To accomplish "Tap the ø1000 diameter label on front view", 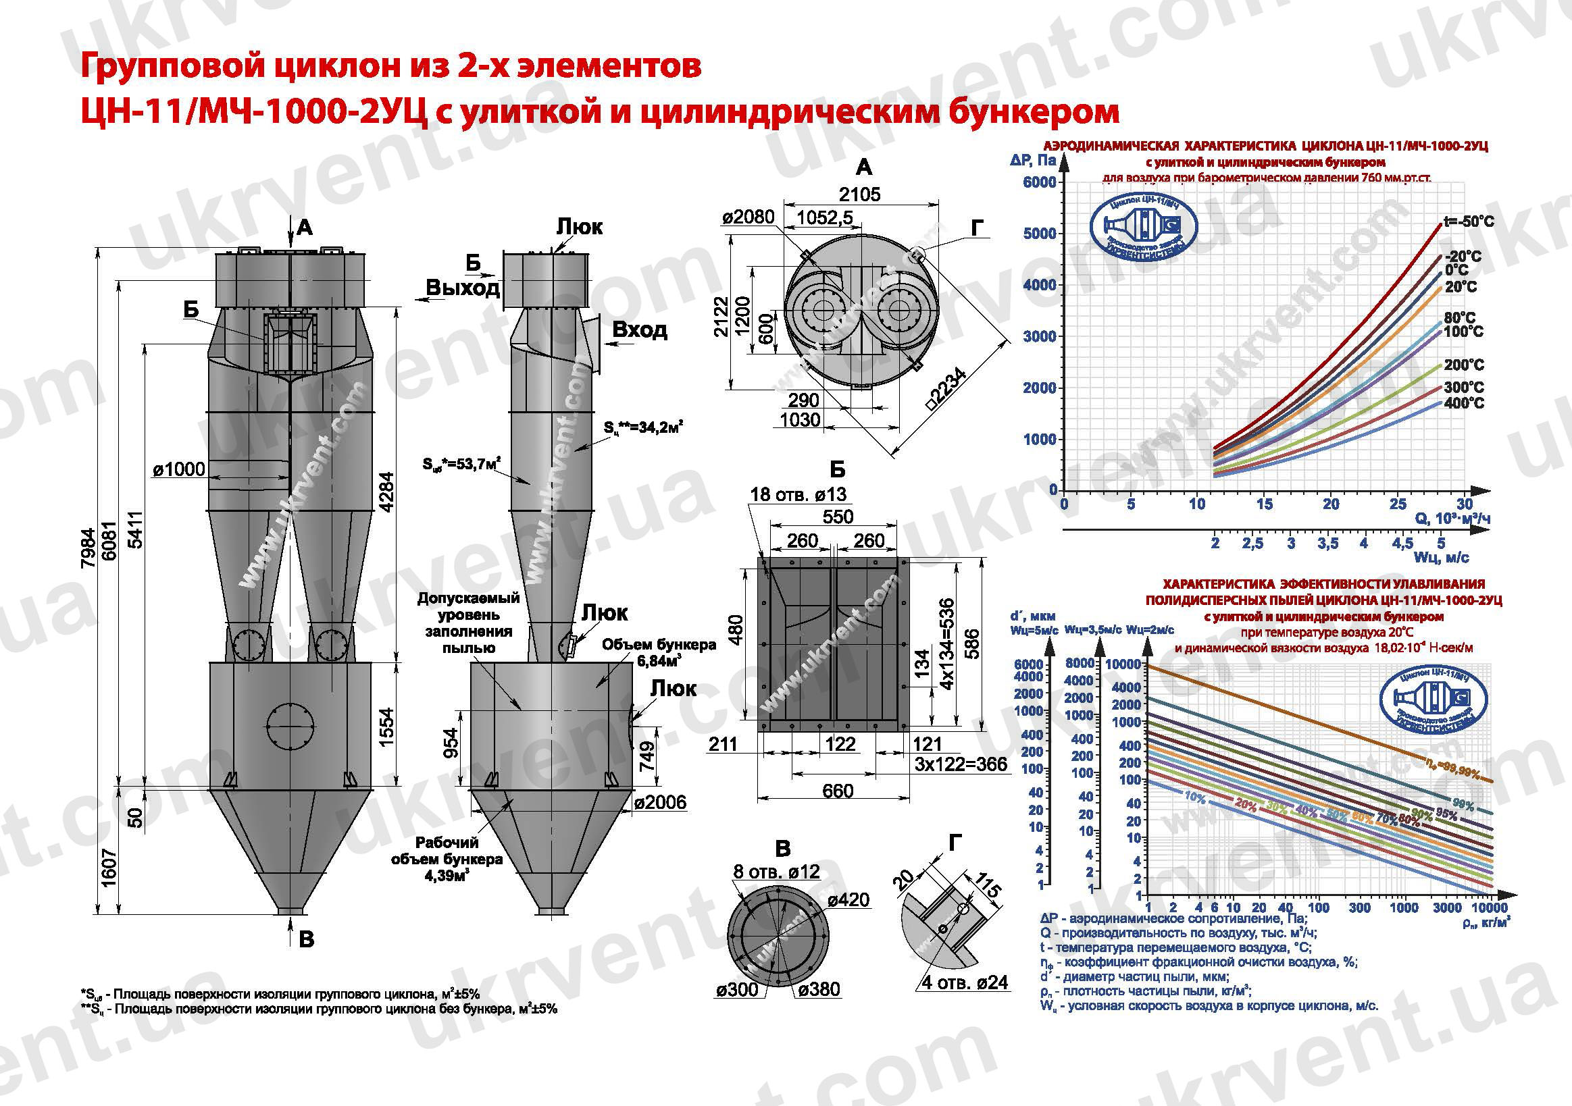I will click(x=180, y=469).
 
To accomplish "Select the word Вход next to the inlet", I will click(x=639, y=330).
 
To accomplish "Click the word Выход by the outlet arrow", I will click(x=462, y=288).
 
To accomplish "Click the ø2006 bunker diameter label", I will click(x=659, y=802).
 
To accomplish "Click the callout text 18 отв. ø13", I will click(x=798, y=494).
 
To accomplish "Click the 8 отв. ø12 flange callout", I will click(x=776, y=871).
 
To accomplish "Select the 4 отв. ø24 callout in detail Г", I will click(x=965, y=982).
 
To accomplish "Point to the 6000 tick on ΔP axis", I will click(x=1039, y=182).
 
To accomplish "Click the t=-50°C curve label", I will click(x=1468, y=221).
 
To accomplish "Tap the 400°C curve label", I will click(x=1464, y=403).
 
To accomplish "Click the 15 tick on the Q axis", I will click(x=1264, y=504).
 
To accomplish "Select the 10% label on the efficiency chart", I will click(x=1195, y=797).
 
